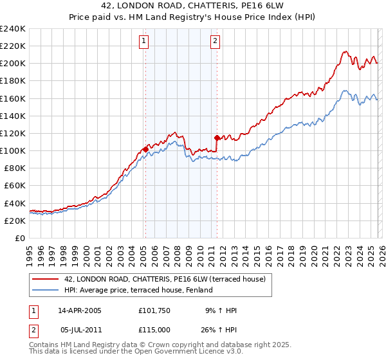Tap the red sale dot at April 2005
[x=145, y=149]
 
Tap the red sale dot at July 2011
[x=217, y=138]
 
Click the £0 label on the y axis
[x=19, y=238]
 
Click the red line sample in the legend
[x=45, y=278]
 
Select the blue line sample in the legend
[x=45, y=290]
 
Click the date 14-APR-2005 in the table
[x=80, y=310]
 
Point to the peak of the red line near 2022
[x=345, y=51]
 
